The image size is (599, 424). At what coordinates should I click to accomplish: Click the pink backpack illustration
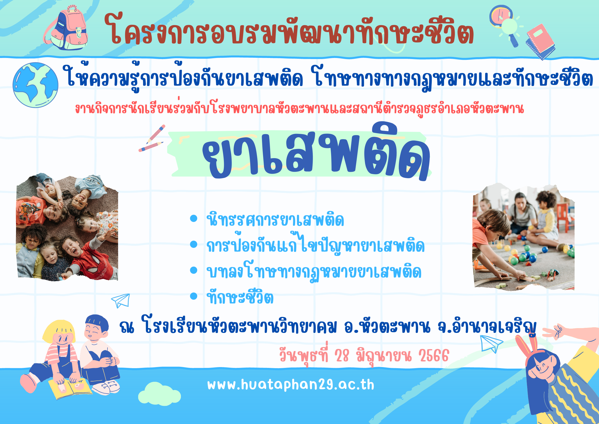pyautogui.click(x=67, y=28)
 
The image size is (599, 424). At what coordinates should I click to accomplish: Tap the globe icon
pyautogui.click(x=35, y=85)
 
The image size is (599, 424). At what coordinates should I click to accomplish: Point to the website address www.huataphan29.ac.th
pyautogui.click(x=291, y=385)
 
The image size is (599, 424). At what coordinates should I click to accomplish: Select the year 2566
pyautogui.click(x=434, y=356)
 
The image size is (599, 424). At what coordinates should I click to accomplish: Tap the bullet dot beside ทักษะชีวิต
pyautogui.click(x=193, y=296)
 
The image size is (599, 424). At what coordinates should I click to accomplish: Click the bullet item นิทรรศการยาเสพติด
pyautogui.click(x=275, y=220)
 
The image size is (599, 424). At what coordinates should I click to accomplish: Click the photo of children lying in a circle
pyautogui.click(x=67, y=227)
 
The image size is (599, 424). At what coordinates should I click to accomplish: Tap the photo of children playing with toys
pyautogui.click(x=523, y=237)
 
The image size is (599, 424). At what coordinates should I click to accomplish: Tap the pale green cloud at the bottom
pyautogui.click(x=160, y=393)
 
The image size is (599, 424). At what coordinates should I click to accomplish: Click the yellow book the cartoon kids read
pyautogui.click(x=70, y=389)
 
